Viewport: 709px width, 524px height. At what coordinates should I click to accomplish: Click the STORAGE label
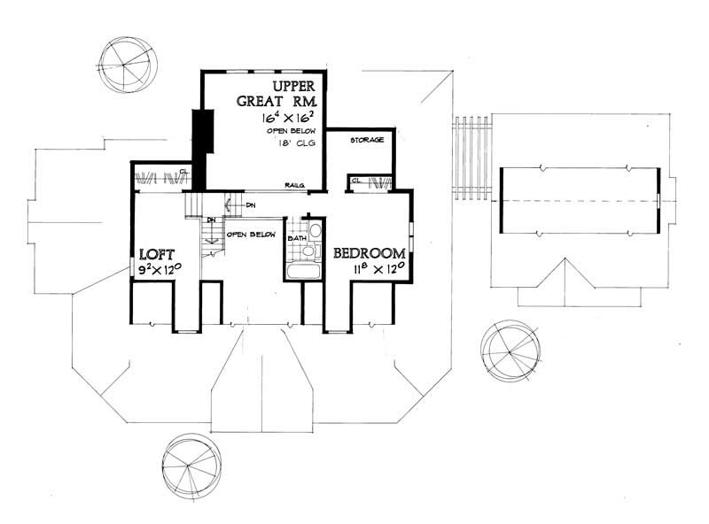tap(366, 140)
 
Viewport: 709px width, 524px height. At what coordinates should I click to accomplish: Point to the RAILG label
tap(295, 185)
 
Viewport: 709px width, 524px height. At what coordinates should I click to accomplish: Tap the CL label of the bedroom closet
tap(354, 181)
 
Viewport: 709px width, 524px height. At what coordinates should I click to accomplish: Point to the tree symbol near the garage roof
tap(507, 346)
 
